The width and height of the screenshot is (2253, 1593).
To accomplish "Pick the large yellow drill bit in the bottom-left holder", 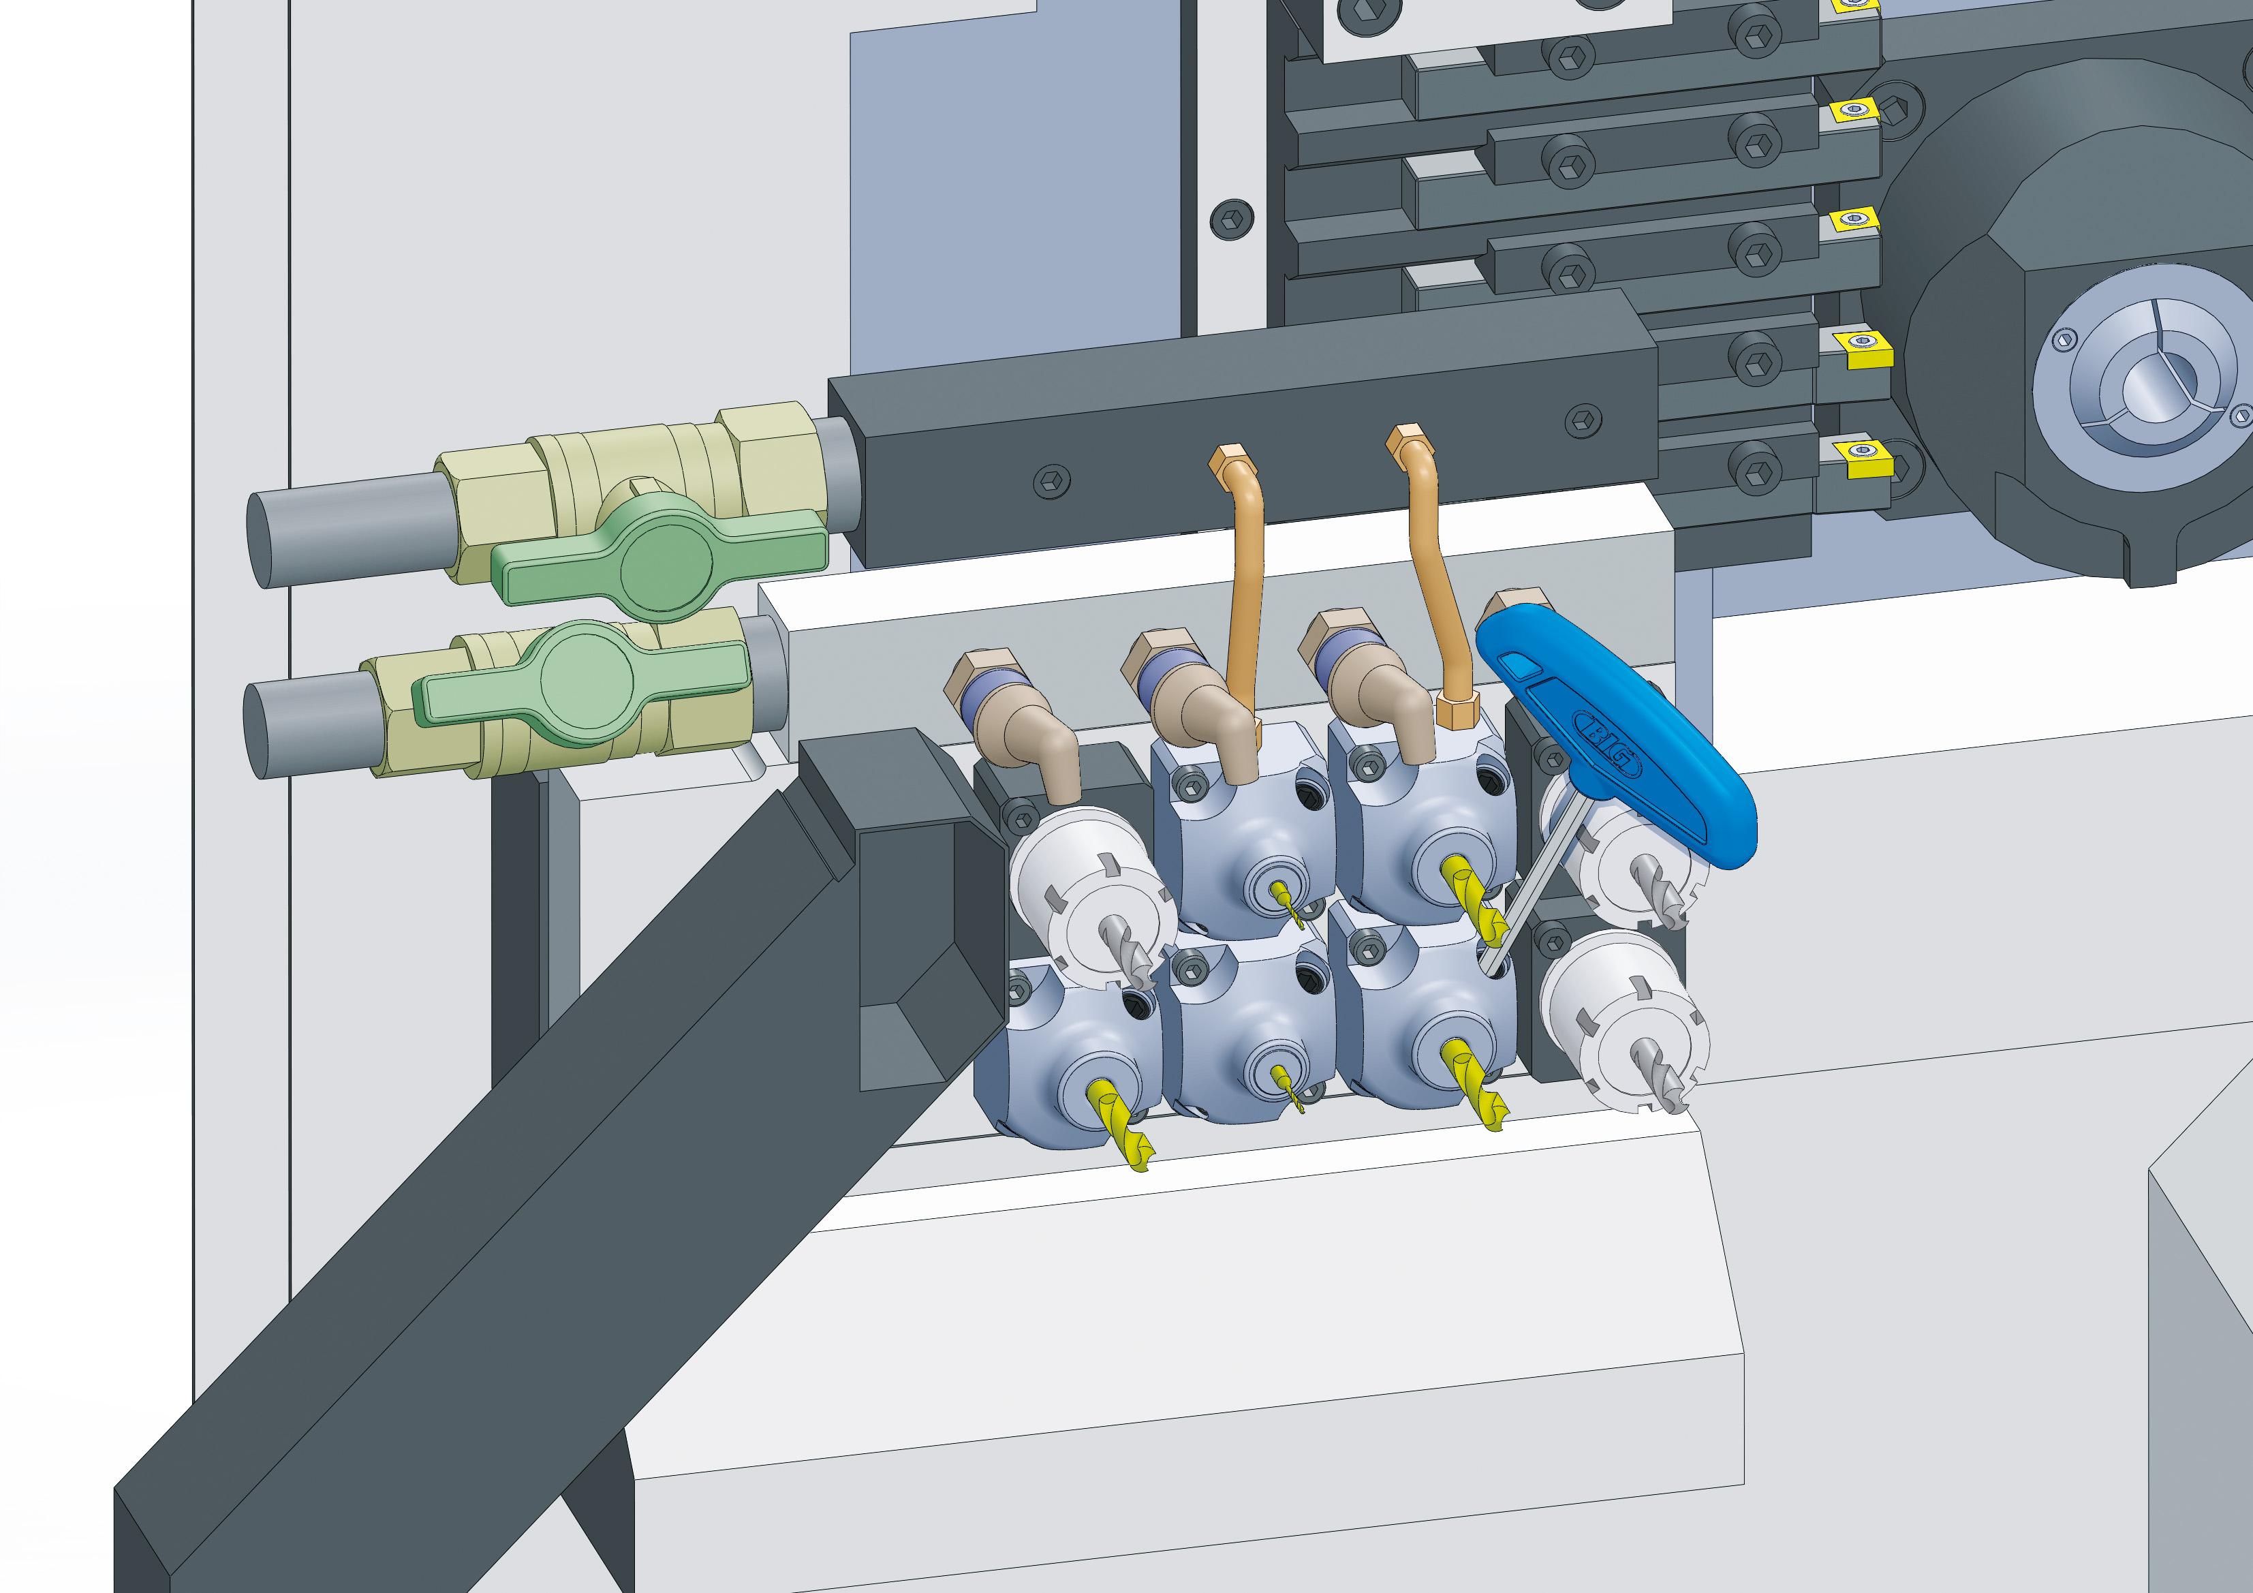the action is [1121, 1124].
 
